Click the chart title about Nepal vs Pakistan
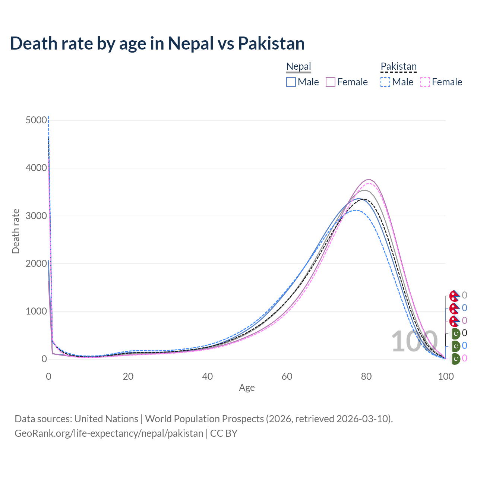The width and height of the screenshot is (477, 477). (157, 43)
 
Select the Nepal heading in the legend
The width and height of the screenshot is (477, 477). (298, 66)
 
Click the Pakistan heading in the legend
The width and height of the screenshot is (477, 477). (398, 66)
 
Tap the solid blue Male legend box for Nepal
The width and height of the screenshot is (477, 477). (291, 82)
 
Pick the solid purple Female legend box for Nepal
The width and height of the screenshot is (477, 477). (331, 82)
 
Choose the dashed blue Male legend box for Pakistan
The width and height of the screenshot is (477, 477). (386, 82)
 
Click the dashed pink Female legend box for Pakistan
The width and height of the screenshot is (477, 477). (425, 82)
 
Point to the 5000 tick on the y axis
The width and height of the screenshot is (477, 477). (37, 120)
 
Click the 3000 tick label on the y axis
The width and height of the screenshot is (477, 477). (37, 216)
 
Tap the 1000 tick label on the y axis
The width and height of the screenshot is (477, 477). (37, 311)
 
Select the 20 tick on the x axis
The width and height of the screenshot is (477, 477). (128, 376)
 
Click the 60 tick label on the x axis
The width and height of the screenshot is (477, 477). (287, 376)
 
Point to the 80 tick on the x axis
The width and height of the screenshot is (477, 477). (366, 376)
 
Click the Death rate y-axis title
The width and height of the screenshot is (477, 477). (16, 231)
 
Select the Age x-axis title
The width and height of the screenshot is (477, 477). (247, 388)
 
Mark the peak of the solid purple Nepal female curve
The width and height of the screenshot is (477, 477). (369, 180)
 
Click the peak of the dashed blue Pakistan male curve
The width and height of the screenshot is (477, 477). (356, 210)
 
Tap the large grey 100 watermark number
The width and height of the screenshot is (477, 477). (414, 341)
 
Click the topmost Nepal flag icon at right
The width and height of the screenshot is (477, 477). (454, 296)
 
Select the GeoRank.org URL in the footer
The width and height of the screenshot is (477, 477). (109, 433)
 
